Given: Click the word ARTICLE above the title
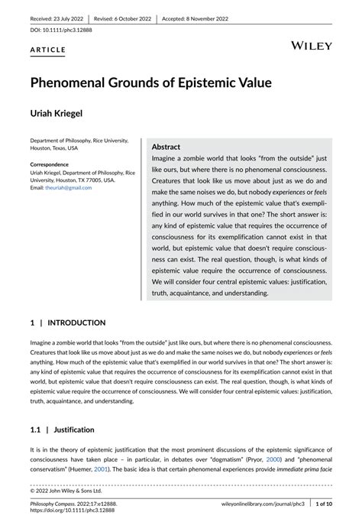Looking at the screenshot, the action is (48, 50).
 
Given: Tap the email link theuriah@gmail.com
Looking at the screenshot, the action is (68, 188).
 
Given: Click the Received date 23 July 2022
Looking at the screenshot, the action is (54, 18).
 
